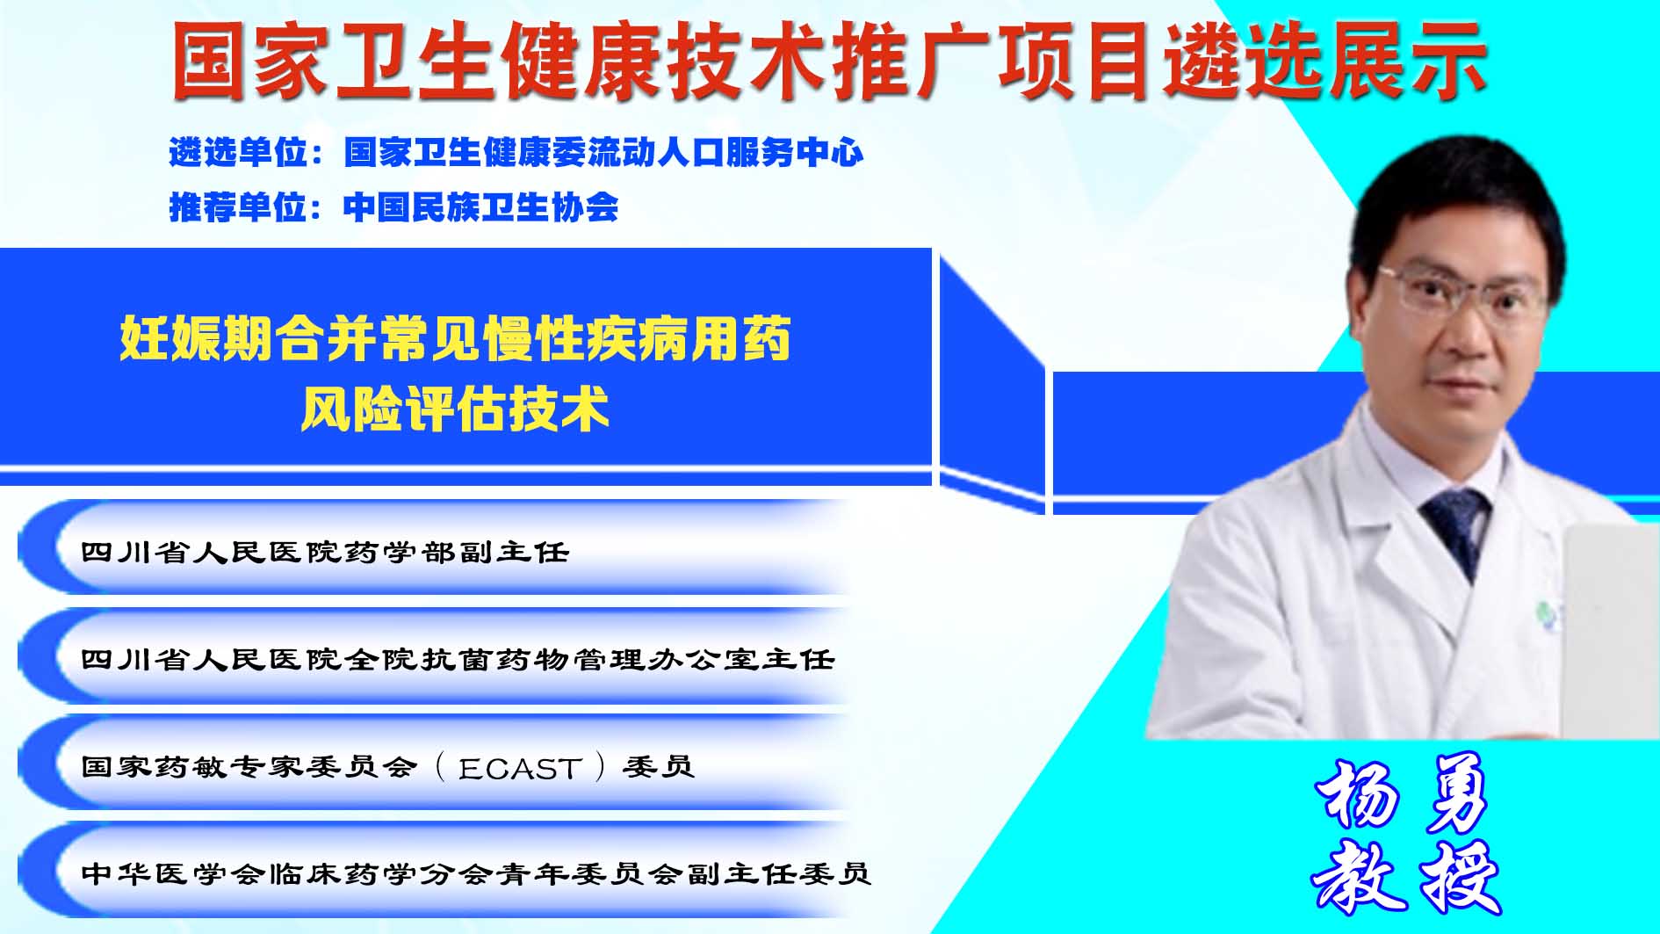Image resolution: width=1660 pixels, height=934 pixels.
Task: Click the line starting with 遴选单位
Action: coord(516,153)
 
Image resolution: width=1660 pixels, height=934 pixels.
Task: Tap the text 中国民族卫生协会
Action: coord(480,207)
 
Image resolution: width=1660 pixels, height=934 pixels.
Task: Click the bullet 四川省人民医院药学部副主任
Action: coord(325,552)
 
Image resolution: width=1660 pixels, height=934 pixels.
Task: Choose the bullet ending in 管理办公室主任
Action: coord(457,659)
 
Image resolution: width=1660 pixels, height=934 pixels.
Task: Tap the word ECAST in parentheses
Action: coord(520,769)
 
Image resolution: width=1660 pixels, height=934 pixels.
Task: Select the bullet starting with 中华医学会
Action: coord(475,873)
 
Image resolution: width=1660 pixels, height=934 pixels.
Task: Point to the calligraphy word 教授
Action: coord(1405,877)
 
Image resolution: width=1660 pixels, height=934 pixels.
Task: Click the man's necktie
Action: coord(1459,532)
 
